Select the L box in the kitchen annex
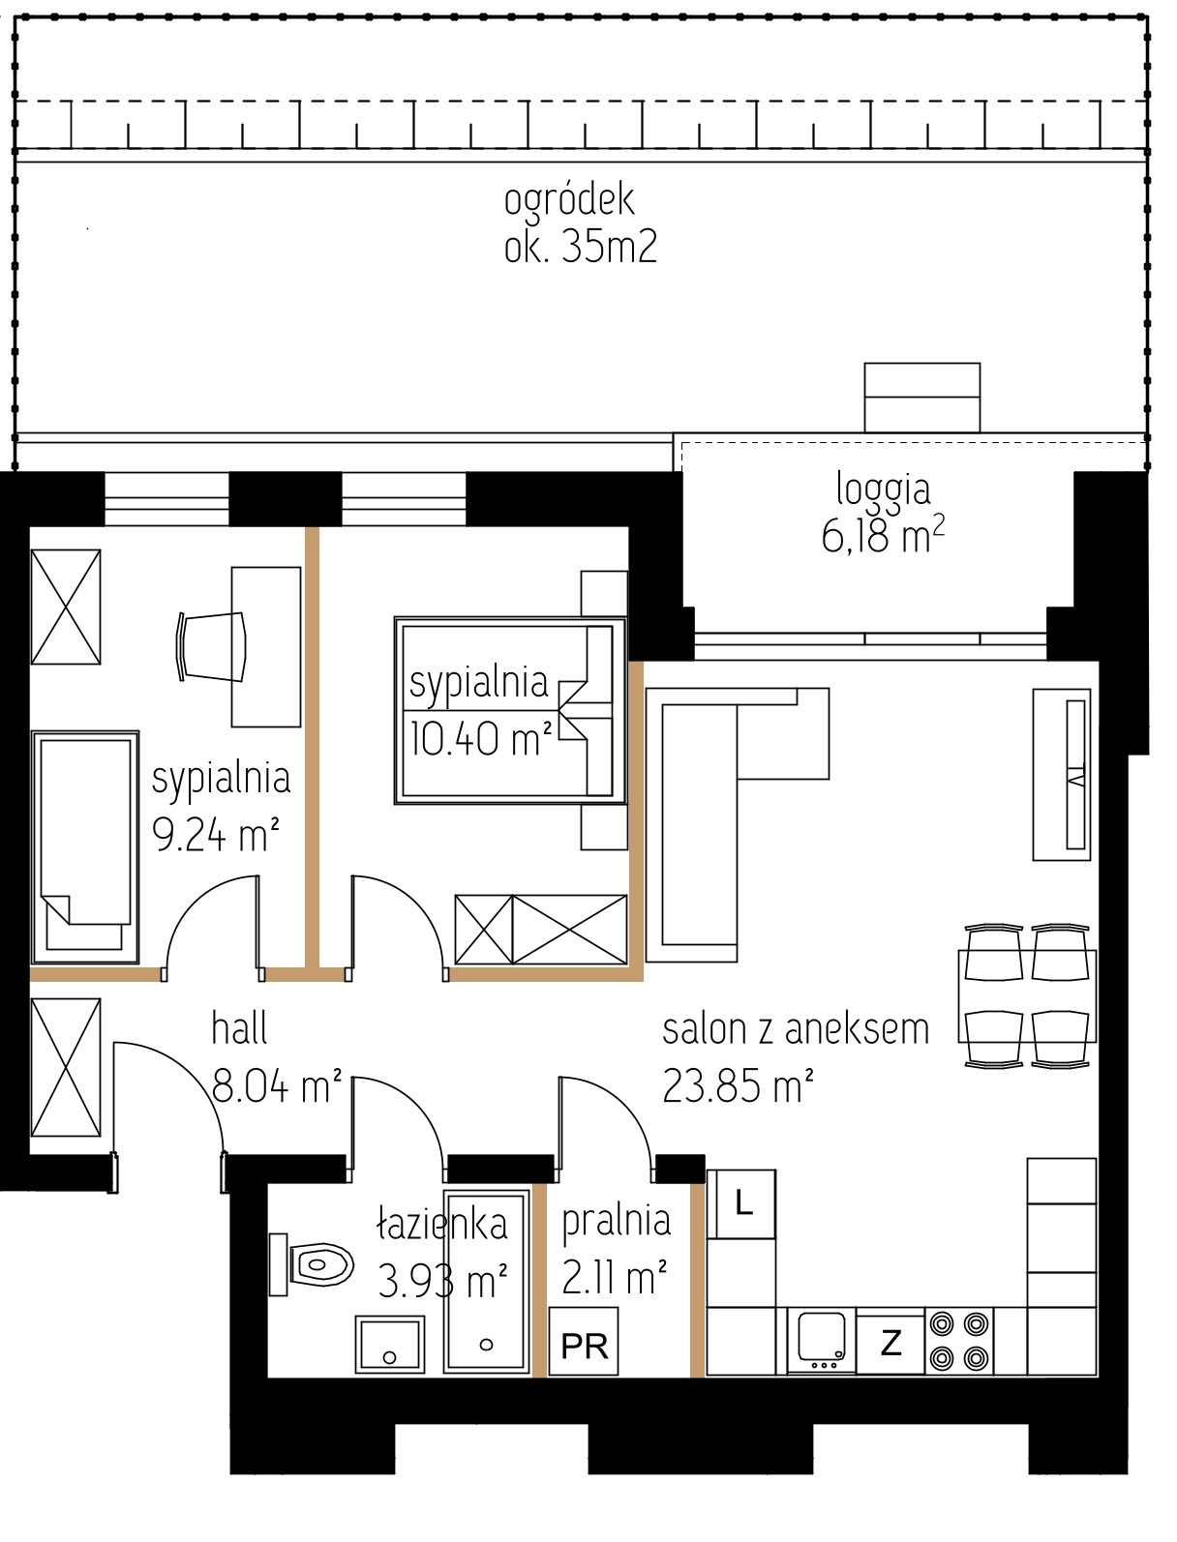coord(742,1204)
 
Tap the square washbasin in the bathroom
coord(390,1345)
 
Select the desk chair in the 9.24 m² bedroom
coord(211,646)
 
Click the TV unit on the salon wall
coord(1061,774)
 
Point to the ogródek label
coord(569,199)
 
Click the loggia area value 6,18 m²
coord(883,537)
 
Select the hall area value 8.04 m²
coord(276,1086)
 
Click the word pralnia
coord(617,1222)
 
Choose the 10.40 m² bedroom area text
coord(480,738)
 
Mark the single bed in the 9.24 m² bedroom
coord(85,847)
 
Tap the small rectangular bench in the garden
coord(921,397)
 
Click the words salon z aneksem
coord(796,1030)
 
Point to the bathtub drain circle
coord(486,1345)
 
